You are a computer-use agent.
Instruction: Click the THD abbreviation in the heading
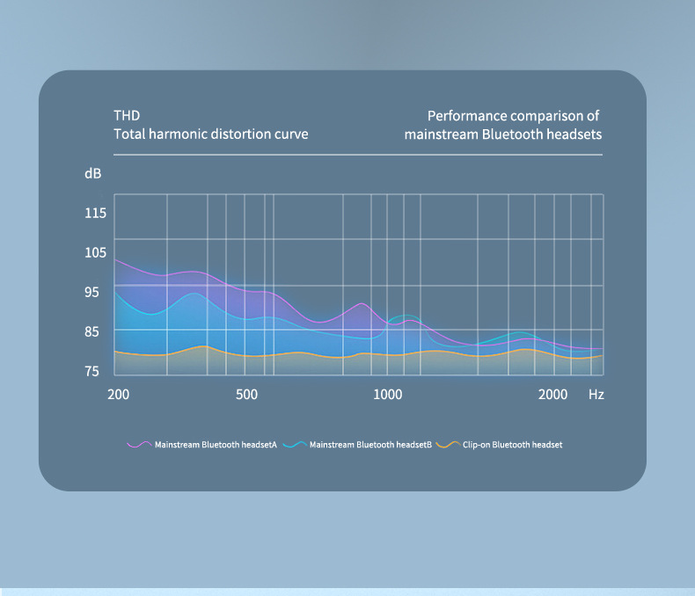pyautogui.click(x=127, y=116)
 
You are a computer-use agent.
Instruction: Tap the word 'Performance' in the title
pyautogui.click(x=472, y=116)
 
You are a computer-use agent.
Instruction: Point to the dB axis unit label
pyautogui.click(x=93, y=174)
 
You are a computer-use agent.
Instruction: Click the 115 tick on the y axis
pyautogui.click(x=96, y=214)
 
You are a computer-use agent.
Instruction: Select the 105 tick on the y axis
pyautogui.click(x=96, y=253)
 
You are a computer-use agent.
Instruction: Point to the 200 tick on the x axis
pyautogui.click(x=118, y=395)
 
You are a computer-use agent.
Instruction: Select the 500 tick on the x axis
pyautogui.click(x=247, y=395)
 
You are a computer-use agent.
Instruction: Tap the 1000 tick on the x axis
pyautogui.click(x=387, y=395)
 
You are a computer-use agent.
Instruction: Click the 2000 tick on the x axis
pyautogui.click(x=552, y=395)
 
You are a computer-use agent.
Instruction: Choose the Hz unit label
pyautogui.click(x=596, y=395)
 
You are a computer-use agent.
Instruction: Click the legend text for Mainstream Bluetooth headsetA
pyautogui.click(x=216, y=445)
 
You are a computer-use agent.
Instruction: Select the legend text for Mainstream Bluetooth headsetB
pyautogui.click(x=370, y=445)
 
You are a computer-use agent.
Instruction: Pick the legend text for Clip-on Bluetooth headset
pyautogui.click(x=512, y=445)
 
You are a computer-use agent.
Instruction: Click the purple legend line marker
pyautogui.click(x=139, y=445)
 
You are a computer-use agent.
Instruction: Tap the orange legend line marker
pyautogui.click(x=448, y=445)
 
